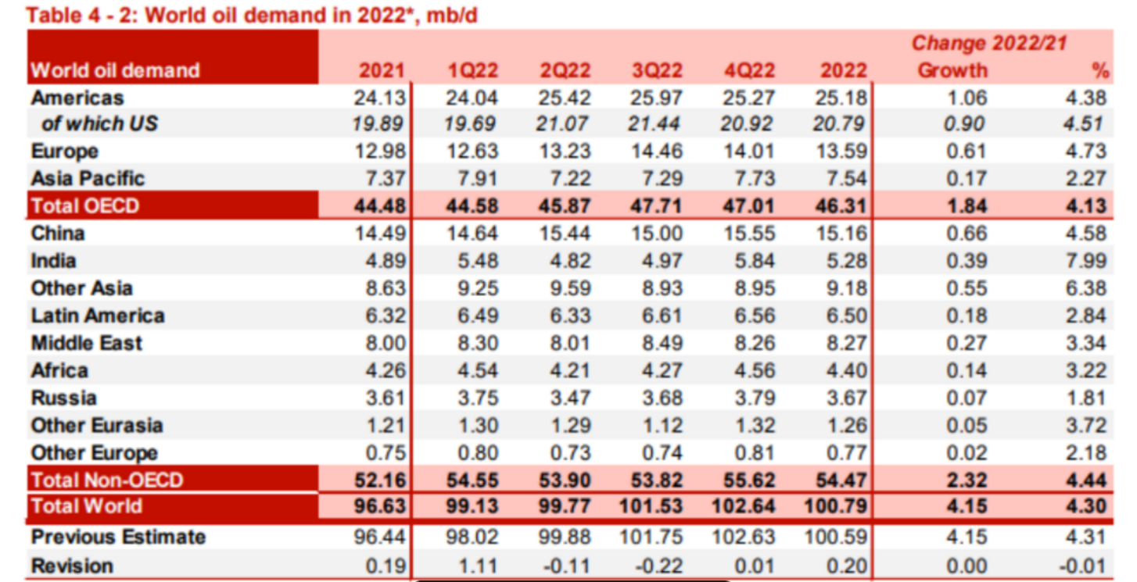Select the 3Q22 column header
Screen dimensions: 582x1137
pos(657,70)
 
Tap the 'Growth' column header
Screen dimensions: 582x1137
pos(952,70)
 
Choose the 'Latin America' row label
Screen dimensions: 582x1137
pos(98,316)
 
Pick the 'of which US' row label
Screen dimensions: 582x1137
pos(99,124)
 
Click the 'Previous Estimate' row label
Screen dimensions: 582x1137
pos(118,537)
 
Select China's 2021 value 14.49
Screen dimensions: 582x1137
pos(380,234)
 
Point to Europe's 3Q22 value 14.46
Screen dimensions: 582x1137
pos(657,152)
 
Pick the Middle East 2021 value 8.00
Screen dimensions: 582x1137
pos(385,343)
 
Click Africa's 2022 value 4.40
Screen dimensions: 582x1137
pos(844,370)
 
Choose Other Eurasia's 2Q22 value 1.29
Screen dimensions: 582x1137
pos(565,425)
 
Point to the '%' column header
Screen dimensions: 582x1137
pos(1100,70)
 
